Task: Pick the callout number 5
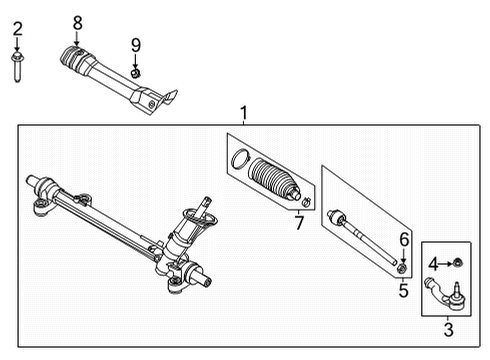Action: click(x=402, y=292)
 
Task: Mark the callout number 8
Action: click(x=76, y=22)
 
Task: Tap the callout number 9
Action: click(x=136, y=45)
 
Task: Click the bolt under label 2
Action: click(x=17, y=67)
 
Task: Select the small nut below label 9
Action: click(x=136, y=72)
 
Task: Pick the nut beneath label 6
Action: click(x=401, y=266)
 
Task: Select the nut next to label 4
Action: click(x=456, y=263)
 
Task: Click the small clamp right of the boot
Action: click(x=307, y=205)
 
